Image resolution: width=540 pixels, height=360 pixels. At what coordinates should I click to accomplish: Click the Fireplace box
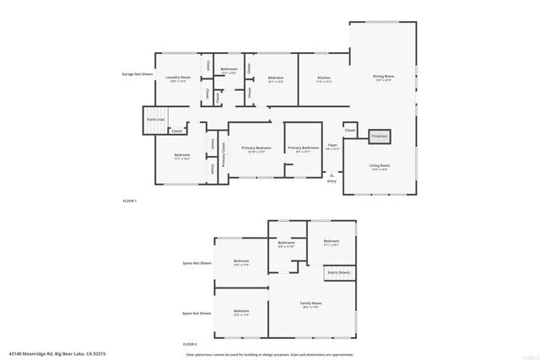379,135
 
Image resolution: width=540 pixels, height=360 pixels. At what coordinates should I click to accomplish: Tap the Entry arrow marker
331,175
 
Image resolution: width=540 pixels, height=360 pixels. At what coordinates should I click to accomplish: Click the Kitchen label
323,78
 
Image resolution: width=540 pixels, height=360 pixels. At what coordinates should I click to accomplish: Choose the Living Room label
379,166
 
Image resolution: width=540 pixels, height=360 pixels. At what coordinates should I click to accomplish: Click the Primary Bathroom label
303,148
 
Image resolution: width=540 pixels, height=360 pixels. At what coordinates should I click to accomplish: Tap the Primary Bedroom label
256,148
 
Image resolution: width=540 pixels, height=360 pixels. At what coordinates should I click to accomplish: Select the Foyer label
332,146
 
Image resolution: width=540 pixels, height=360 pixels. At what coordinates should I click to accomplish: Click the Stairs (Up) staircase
155,120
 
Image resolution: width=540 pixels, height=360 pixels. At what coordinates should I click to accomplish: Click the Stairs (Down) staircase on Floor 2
338,272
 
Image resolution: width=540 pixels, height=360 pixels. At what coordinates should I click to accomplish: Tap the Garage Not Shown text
137,74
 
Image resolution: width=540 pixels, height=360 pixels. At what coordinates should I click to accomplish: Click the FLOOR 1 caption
129,201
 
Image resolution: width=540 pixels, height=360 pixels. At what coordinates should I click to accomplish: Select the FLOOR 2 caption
190,344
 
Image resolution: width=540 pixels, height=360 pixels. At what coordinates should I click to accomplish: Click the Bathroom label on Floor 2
285,243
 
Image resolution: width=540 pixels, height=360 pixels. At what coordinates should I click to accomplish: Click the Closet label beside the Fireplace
349,131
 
